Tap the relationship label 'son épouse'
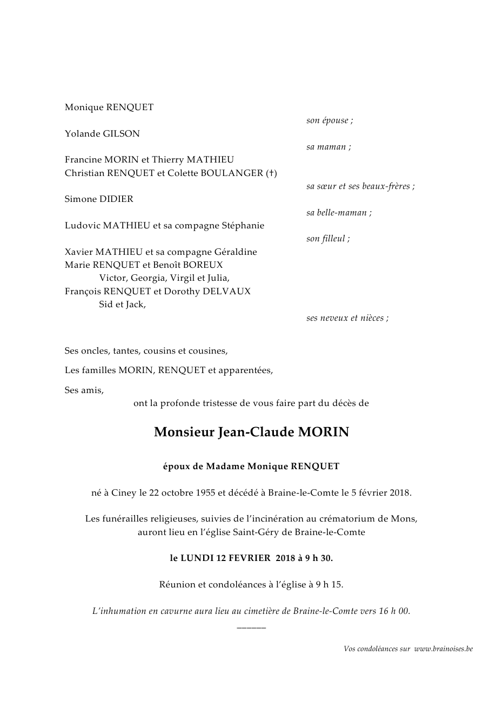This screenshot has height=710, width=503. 330,120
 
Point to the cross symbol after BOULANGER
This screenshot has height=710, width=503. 272,173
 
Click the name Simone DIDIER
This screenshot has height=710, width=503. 99,199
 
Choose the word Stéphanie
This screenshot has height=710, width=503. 243,226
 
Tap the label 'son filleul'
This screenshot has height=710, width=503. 328,239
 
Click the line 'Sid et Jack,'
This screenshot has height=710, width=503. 123,305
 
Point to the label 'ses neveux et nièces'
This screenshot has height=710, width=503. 347,318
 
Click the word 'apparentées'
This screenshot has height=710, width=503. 245,370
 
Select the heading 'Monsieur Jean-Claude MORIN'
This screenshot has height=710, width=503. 251,432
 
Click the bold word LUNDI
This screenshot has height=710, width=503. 198,558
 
